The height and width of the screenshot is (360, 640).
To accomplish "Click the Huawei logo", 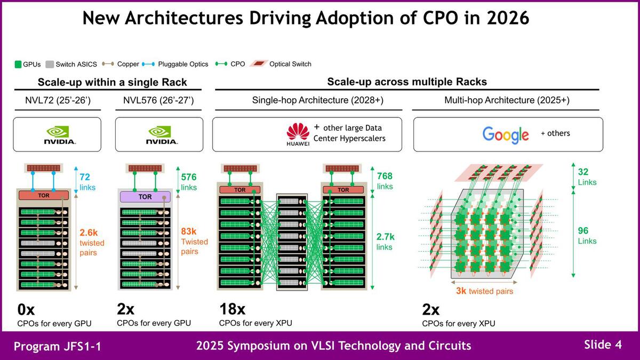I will (x=298, y=134).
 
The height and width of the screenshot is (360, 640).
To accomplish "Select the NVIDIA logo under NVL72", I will (x=60, y=135).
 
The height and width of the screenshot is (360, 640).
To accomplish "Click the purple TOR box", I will (x=145, y=196).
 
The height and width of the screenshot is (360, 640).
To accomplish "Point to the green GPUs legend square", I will (x=18, y=65).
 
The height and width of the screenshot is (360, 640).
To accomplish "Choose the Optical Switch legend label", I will (x=290, y=64).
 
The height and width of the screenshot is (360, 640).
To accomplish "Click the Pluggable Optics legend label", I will (x=183, y=64).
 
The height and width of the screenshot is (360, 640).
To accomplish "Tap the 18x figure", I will (x=233, y=309).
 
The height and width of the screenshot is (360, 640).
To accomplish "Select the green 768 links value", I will (x=386, y=176).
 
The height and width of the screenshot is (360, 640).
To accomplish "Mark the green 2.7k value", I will (x=386, y=236).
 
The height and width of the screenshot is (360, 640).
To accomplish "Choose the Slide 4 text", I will (x=603, y=345).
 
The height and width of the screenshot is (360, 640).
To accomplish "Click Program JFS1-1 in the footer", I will (x=57, y=346).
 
